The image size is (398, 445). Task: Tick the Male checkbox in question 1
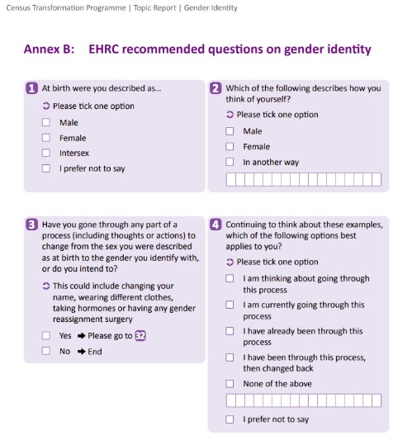[x=46, y=123]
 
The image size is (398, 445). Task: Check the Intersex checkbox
[x=46, y=154]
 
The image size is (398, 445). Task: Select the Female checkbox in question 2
[x=230, y=147]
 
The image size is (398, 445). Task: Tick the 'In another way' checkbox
[x=230, y=163]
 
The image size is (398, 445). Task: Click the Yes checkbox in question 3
[x=46, y=336]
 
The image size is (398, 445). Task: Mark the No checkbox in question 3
[x=46, y=352]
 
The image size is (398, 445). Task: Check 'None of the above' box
[x=230, y=384]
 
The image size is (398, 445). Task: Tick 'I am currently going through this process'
[x=230, y=305]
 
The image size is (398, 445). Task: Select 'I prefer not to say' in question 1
[x=46, y=169]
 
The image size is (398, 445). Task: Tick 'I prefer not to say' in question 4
[x=230, y=419]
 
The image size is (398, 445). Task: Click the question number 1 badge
[x=32, y=88]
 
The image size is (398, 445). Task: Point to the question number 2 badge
[x=216, y=88]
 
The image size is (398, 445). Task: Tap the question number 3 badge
[x=32, y=224]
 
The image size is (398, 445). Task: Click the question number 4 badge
[x=216, y=224]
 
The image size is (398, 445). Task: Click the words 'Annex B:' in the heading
[x=49, y=50]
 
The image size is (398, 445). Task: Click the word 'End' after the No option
[x=95, y=352]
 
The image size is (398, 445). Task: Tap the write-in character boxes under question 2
[x=303, y=179]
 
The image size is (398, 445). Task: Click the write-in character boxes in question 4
[x=303, y=401]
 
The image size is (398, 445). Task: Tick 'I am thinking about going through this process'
[x=230, y=279]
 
